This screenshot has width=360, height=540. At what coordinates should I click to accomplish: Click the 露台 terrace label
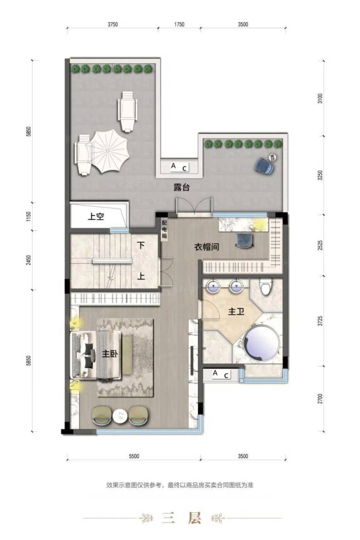point(181,187)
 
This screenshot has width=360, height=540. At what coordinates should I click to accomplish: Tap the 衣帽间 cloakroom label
point(207,247)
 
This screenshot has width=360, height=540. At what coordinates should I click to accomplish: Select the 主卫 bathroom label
point(236,311)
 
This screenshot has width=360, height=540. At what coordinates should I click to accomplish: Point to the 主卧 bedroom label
point(110,354)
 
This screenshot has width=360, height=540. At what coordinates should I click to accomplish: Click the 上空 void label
point(96,216)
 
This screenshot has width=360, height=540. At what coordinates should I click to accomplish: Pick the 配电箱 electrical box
point(164,229)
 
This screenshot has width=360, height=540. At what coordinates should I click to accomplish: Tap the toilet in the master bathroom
point(266,287)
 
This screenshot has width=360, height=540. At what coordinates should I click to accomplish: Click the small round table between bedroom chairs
point(120,416)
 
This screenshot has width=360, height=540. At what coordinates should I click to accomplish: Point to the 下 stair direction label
point(141,245)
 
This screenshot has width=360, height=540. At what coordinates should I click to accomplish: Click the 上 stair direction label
point(141,276)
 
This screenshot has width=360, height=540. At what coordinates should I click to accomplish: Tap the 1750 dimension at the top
point(179,24)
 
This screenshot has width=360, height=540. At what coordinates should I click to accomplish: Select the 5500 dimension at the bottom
point(134,456)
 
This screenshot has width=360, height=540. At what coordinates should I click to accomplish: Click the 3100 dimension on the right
point(321,98)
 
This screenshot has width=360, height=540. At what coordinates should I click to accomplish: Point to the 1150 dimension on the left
point(29,216)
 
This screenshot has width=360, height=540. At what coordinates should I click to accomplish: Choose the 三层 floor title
point(181,518)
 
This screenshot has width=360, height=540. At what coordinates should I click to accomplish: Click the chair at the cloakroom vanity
point(245,240)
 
